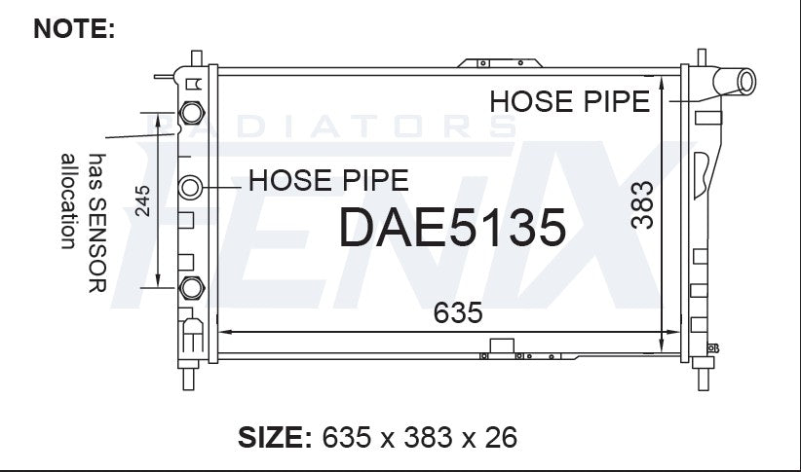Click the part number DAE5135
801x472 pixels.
452,228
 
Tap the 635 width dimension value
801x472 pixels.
458,312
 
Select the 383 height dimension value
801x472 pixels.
642,204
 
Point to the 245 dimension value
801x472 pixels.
142,200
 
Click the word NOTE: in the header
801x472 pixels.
74,28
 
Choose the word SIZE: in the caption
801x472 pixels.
275,438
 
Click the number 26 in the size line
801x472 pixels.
501,438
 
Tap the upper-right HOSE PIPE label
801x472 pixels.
570,101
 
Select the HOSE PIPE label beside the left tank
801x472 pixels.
328,180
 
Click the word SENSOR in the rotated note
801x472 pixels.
97,245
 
